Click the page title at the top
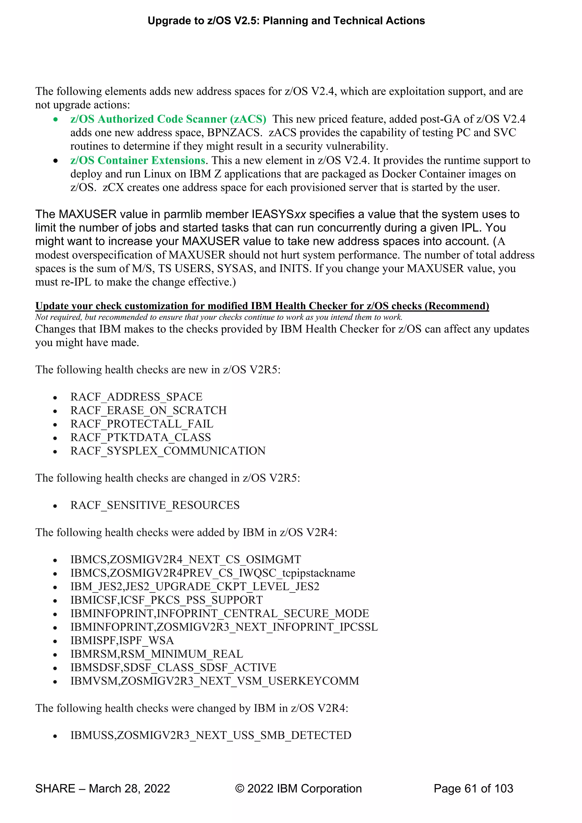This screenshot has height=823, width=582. click(x=286, y=21)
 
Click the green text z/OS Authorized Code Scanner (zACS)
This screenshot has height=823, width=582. click(x=168, y=119)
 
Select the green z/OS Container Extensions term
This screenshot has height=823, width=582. click(x=138, y=160)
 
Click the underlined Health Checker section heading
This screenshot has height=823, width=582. click(x=262, y=306)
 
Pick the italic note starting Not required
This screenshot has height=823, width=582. click(x=219, y=317)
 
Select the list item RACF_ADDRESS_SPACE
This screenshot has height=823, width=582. click(x=136, y=397)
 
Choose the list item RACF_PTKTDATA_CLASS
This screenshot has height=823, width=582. click(x=140, y=437)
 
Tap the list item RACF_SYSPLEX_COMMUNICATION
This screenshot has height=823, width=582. click(x=168, y=451)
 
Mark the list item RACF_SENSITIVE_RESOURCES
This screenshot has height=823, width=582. click(x=155, y=505)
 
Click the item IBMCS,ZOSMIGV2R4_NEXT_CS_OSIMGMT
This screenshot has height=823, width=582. click(x=186, y=559)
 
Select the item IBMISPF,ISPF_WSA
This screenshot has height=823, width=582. click(x=122, y=640)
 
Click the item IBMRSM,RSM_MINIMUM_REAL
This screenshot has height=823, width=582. click(x=157, y=654)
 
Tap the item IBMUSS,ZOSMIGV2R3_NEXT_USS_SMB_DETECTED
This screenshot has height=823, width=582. click(x=211, y=735)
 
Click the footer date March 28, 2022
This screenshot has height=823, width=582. click(x=129, y=789)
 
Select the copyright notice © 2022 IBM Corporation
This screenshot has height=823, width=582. click(x=298, y=789)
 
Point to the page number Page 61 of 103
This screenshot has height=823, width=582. click(x=473, y=789)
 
